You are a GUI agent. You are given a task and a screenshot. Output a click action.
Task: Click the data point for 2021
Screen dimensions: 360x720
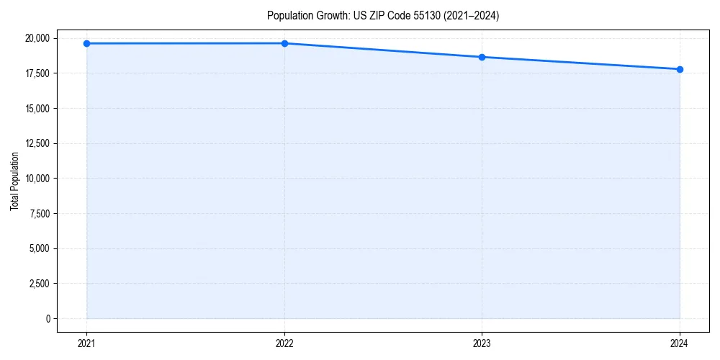[x=86, y=43]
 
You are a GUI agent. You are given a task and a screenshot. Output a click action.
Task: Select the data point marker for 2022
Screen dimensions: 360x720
[x=284, y=43]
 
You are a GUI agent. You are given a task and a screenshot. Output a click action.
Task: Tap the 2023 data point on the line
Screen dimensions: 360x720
[x=482, y=57]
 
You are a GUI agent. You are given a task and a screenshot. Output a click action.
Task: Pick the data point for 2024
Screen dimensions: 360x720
[x=680, y=69]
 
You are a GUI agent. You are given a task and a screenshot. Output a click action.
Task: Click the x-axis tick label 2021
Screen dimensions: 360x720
[x=86, y=343]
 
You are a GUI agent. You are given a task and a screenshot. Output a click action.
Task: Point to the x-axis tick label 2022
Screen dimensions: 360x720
[x=284, y=343]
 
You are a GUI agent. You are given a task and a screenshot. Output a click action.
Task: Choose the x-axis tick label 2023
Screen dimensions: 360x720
[x=482, y=343]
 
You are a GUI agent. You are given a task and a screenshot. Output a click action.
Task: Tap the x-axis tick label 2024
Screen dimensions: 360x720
[x=680, y=343]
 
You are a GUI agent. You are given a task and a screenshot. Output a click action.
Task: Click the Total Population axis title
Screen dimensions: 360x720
[x=14, y=181]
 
